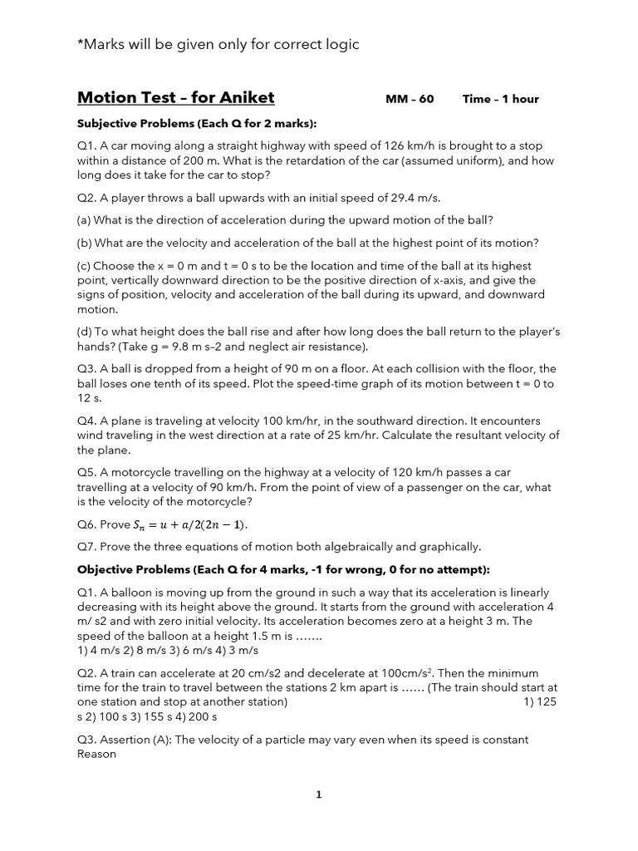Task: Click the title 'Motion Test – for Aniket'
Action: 175,98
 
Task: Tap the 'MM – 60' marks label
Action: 410,99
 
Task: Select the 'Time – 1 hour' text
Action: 500,99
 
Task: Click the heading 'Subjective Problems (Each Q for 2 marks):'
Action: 197,124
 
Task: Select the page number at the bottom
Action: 319,794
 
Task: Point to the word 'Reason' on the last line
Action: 96,755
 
